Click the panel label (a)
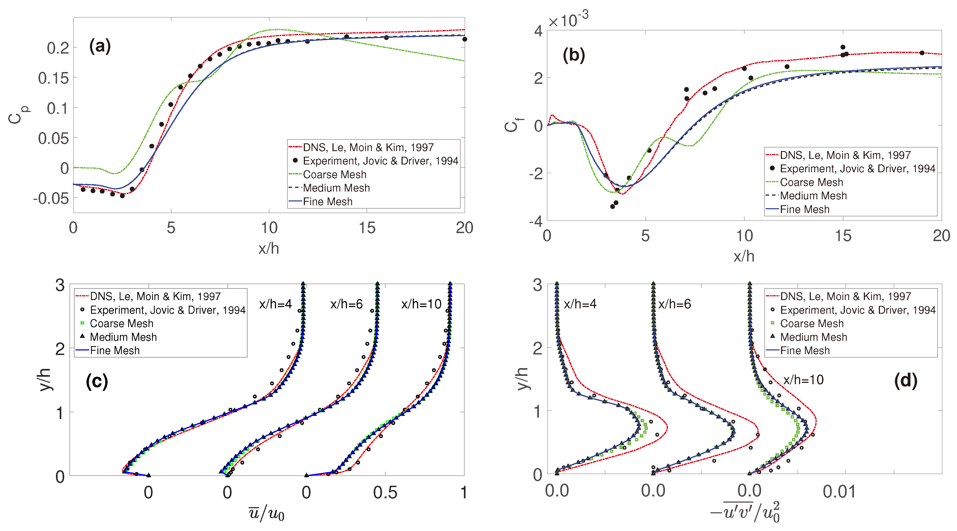tap(100, 46)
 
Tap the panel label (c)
tap(97, 381)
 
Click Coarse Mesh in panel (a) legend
tap(334, 174)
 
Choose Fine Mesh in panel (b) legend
tap(804, 209)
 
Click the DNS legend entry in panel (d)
tap(845, 296)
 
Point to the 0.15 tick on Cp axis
tap(54, 78)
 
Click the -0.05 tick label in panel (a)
tap(51, 199)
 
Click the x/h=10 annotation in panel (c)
tap(421, 304)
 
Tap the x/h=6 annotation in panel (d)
tap(674, 304)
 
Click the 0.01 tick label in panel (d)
tap(839, 492)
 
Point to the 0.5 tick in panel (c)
tap(385, 493)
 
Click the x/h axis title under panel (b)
tap(744, 257)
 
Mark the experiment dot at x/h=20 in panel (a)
tap(464, 39)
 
